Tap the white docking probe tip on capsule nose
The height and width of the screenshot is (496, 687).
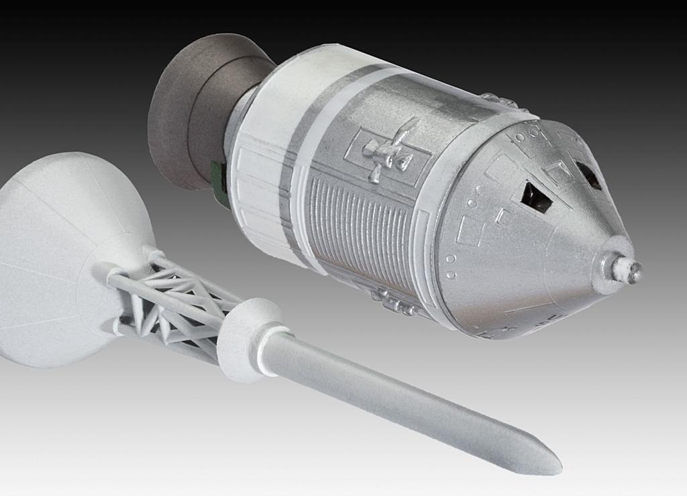point(633,272)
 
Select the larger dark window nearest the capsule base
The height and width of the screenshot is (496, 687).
point(537,197)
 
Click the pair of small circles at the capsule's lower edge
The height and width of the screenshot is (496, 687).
point(450,275)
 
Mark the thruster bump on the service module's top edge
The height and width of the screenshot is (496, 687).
point(500,101)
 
